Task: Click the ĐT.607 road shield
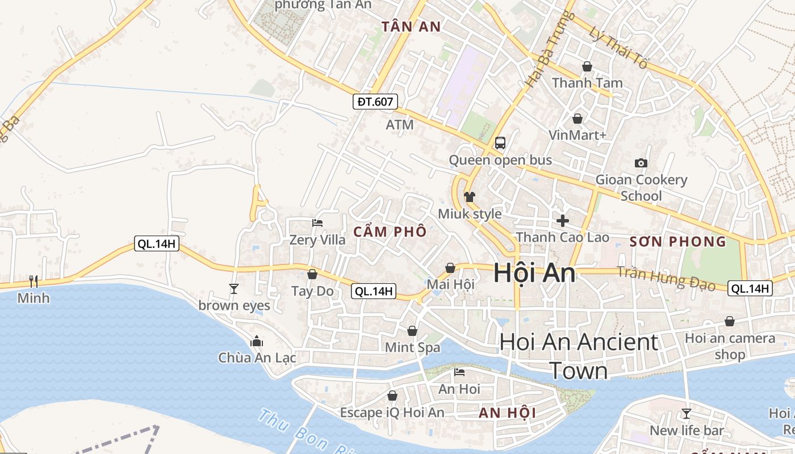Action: pos(375,102)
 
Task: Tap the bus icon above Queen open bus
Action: pos(500,143)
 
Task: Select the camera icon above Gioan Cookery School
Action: pos(641,163)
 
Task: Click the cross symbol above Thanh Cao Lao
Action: pos(563,221)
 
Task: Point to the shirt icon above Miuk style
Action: pos(470,197)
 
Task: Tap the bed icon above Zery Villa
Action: pos(317,223)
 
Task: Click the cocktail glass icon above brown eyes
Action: pos(234,289)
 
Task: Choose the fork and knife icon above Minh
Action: pos(34,281)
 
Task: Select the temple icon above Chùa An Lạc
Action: pos(257,341)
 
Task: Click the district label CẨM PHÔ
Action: pos(390,232)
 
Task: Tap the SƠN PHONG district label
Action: pos(678,242)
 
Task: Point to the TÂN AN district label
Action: pos(411,27)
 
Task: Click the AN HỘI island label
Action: pos(507,413)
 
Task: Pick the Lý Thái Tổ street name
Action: pos(618,48)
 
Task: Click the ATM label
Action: pos(400,124)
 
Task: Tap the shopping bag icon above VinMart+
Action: pos(578,119)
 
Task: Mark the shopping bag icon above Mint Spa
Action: pos(412,331)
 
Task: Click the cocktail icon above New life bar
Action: pos(687,413)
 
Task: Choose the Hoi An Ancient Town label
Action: pos(579,356)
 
